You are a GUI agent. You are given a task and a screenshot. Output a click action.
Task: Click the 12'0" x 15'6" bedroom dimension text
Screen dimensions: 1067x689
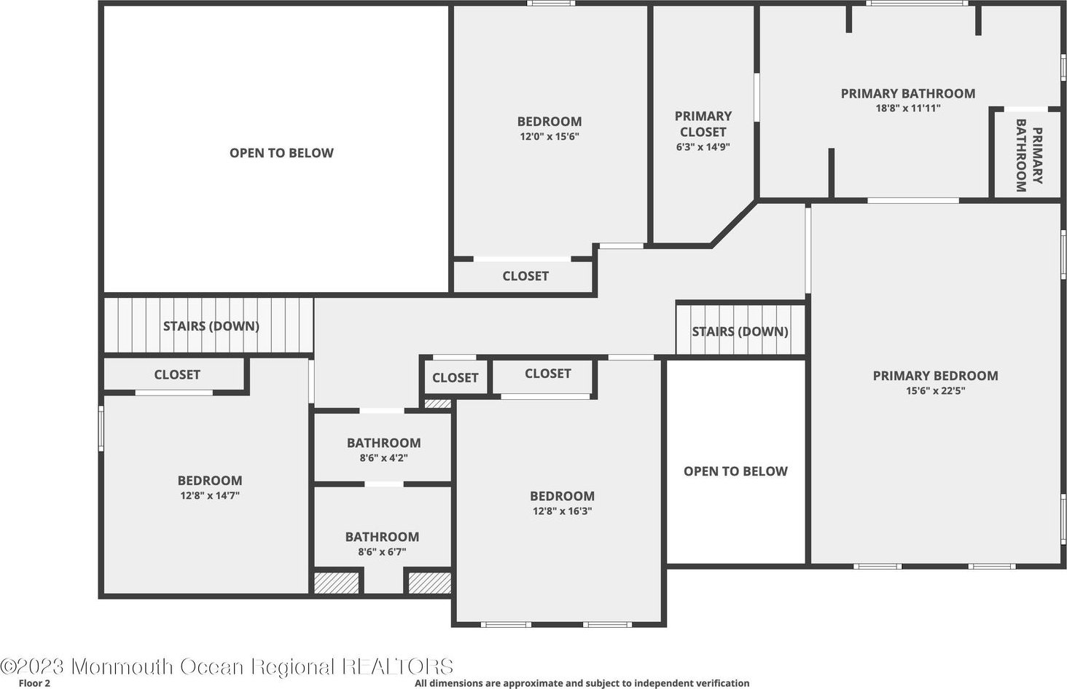[550, 137]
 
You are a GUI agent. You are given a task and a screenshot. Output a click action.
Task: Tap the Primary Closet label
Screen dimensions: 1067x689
[703, 124]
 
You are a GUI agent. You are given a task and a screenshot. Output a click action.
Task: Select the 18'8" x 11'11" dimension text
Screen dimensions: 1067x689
[908, 108]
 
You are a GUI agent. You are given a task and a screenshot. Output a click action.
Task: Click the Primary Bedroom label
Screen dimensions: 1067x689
[936, 376]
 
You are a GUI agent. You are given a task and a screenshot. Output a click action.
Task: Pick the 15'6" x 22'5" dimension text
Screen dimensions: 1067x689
[936, 391]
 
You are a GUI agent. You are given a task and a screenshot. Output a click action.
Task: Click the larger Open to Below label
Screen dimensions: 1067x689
[281, 153]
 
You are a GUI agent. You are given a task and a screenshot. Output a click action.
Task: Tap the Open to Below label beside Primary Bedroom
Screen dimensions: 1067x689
[735, 471]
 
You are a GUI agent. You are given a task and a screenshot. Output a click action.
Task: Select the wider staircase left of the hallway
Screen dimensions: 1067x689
[208, 326]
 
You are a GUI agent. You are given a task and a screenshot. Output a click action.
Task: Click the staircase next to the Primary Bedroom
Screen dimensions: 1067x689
[740, 329]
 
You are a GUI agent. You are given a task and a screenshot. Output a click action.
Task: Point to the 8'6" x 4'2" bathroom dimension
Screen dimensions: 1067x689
[383, 458]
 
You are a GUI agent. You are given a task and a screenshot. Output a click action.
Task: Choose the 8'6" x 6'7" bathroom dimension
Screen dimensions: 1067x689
[382, 552]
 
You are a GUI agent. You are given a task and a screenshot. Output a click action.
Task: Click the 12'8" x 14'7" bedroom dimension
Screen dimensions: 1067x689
[210, 496]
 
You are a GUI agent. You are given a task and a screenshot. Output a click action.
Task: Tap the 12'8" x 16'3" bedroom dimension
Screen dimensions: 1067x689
[562, 511]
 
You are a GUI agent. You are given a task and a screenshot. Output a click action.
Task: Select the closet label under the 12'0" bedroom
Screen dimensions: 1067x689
[525, 276]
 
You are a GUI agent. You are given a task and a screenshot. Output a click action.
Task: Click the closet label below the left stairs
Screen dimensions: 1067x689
[176, 375]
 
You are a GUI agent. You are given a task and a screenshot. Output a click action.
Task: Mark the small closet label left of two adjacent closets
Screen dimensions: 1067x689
[455, 377]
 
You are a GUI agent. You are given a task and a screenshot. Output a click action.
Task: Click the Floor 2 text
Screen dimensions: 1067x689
[34, 683]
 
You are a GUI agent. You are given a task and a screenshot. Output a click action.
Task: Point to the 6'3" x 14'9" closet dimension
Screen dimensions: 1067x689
[703, 147]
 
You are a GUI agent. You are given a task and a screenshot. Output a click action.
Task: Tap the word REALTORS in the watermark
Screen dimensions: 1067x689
[398, 666]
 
